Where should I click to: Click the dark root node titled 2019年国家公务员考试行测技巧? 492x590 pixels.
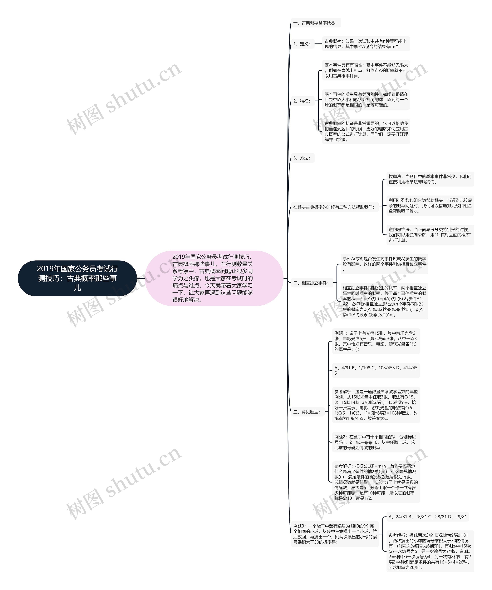[77, 278]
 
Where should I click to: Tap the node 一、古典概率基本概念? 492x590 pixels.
[316, 23]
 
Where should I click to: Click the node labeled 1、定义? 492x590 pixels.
[302, 44]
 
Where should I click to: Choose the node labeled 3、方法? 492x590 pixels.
[302, 158]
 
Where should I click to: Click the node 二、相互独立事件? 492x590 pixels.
[311, 283]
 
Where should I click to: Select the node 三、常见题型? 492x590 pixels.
[307, 412]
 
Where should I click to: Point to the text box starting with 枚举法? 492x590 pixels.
[430, 179]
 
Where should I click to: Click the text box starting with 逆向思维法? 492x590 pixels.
[430, 235]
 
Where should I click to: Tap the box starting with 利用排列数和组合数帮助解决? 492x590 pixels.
[430, 206]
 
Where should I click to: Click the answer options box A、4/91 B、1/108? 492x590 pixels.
[376, 370]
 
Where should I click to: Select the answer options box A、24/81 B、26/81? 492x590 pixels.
[427, 517]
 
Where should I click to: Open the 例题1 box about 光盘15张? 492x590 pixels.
[376, 341]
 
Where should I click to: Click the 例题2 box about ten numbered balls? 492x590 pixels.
[376, 442]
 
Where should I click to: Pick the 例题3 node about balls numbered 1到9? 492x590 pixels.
[335, 534]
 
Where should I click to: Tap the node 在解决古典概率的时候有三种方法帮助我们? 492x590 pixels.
[334, 207]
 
